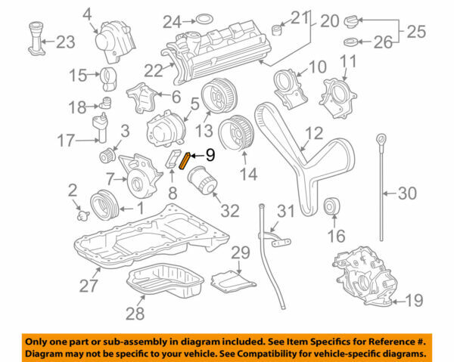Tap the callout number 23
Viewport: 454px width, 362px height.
tap(65, 42)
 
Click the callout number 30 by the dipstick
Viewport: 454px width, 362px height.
tap(407, 194)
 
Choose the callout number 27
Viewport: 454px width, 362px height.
tap(89, 286)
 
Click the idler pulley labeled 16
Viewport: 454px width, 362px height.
tap(331, 208)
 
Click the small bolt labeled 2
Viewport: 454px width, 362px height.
tap(82, 215)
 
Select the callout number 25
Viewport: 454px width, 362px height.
tap(417, 32)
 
